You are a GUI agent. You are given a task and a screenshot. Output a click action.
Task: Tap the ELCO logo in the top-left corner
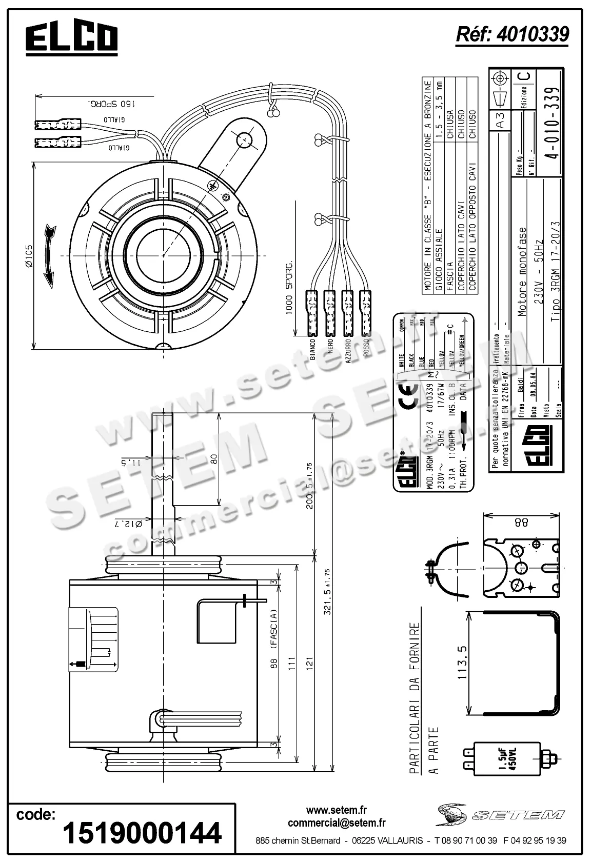72,39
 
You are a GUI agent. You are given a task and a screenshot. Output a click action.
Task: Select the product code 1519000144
142,832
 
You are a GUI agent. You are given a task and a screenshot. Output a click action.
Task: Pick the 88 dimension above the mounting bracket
521,523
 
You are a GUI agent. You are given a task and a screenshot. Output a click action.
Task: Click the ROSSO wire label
366,348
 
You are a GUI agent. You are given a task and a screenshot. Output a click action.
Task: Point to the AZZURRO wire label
348,352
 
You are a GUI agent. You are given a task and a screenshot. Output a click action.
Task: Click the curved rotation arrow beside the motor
49,255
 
